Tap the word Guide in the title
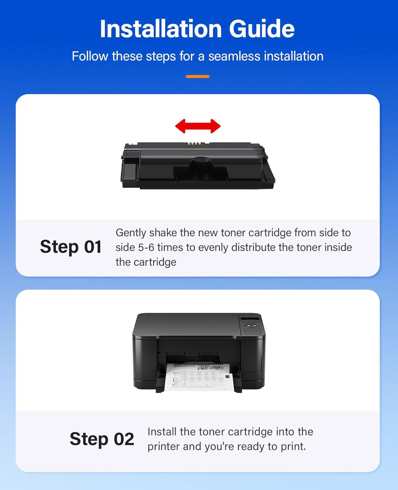[262, 29]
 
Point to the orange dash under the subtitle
[197, 77]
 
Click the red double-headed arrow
[197, 126]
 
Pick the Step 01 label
[71, 247]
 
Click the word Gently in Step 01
[131, 233]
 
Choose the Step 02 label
[102, 439]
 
